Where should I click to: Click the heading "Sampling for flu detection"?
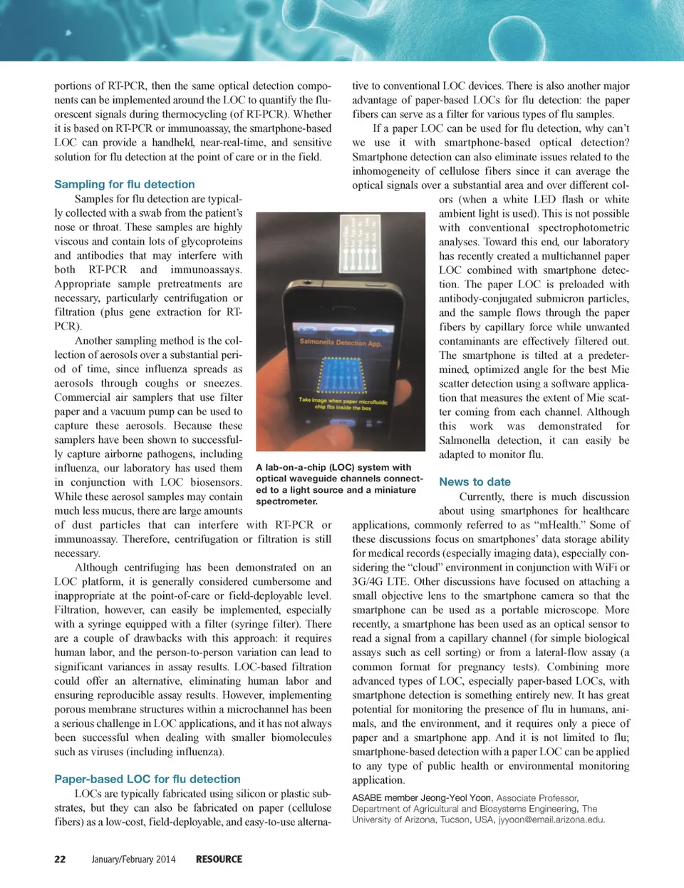pyautogui.click(x=124, y=184)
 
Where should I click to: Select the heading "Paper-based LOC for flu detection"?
pyautogui.click(x=147, y=779)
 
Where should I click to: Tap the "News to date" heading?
pyautogui.click(x=475, y=481)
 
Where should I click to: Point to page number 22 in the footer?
pyautogui.click(x=60, y=859)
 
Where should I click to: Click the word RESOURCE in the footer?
pyautogui.click(x=219, y=859)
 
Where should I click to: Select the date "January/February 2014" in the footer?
pyautogui.click(x=133, y=859)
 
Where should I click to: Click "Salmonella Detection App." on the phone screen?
pyautogui.click(x=340, y=342)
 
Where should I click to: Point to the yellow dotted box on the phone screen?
pyautogui.click(x=343, y=374)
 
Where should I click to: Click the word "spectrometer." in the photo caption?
pyautogui.click(x=286, y=501)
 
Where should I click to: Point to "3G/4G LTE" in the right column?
pyautogui.click(x=379, y=581)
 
